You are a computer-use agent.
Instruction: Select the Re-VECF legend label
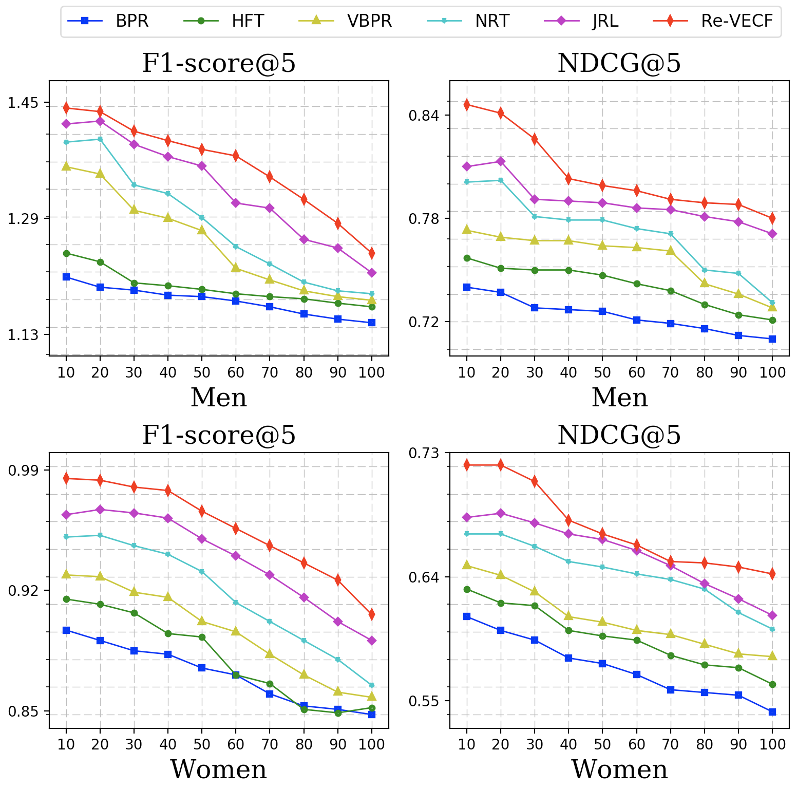[x=736, y=21]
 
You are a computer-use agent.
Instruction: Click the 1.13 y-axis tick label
[x=23, y=335]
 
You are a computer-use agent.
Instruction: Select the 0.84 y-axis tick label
[x=424, y=115]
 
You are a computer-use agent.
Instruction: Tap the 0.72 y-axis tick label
[x=424, y=322]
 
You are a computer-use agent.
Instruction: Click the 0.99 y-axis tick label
[x=23, y=470]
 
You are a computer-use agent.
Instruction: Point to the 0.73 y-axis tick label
[x=424, y=453]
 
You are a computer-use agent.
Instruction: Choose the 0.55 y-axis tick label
[x=424, y=701]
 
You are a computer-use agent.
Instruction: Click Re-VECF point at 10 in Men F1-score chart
[x=66, y=108]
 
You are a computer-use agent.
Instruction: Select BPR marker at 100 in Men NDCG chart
[x=772, y=339]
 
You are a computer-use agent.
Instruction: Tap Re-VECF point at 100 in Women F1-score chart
[x=372, y=614]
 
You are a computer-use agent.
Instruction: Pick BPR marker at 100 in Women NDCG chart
[x=772, y=712]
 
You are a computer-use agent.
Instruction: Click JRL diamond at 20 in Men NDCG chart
[x=501, y=161]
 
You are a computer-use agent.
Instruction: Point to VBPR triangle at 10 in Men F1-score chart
[x=66, y=166]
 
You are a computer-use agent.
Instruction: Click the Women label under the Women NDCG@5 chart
[x=619, y=770]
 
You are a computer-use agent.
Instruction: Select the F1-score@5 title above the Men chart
[x=219, y=64]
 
